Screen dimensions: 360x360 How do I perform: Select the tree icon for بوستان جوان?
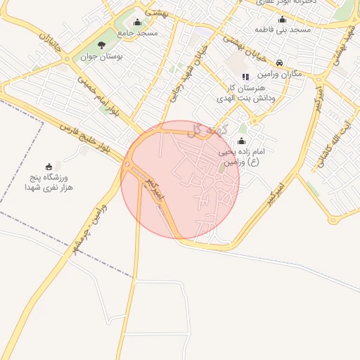101,46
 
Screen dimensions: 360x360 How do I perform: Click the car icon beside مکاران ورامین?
280,63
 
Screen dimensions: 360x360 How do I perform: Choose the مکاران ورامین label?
279,74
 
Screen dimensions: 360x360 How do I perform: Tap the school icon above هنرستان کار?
245,76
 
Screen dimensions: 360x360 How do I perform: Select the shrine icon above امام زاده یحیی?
242,141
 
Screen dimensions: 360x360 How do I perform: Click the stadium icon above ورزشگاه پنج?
49,167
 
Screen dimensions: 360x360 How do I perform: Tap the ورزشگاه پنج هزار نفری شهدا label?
49,183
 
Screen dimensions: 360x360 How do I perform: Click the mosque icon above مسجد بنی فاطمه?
282,20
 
